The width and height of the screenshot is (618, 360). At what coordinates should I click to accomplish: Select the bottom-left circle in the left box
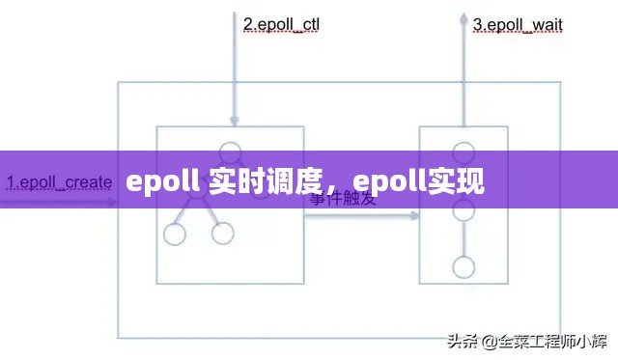(175, 233)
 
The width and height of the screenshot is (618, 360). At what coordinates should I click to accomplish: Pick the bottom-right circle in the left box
(223, 233)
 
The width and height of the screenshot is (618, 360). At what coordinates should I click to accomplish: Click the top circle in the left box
(229, 152)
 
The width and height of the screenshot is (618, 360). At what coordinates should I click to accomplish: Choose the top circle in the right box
(464, 152)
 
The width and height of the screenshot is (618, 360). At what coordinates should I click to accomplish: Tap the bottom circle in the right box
(464, 267)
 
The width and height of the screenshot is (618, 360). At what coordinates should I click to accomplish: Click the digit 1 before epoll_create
(11, 181)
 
